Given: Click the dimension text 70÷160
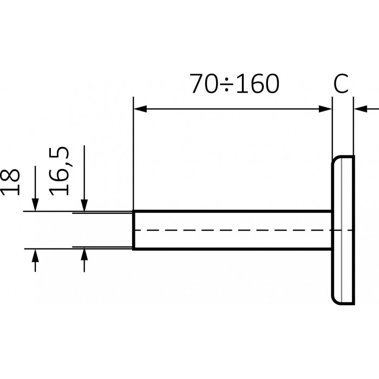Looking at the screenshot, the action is tap(234, 83).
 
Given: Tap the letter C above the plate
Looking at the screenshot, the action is tap(341, 83).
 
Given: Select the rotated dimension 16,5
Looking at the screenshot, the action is tap(58, 171).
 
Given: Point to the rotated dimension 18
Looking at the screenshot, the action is tap(10, 182).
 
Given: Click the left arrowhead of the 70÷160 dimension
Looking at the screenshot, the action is tap(140, 109).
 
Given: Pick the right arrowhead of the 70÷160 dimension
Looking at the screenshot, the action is tap(325, 109).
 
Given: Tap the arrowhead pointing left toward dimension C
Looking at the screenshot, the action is tap(361, 109).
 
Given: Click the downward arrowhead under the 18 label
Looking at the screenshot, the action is tap(35, 205).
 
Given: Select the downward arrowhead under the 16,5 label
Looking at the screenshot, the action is tap(84, 206).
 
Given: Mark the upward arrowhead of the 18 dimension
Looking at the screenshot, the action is tap(35, 256).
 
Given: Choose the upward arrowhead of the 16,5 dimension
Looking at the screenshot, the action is tap(84, 254).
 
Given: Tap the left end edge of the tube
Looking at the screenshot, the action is tap(133, 230).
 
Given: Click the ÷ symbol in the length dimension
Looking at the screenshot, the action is tap(226, 85).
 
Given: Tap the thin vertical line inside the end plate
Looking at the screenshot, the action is tap(342, 230).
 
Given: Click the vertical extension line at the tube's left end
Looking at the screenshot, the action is tap(133, 153).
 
